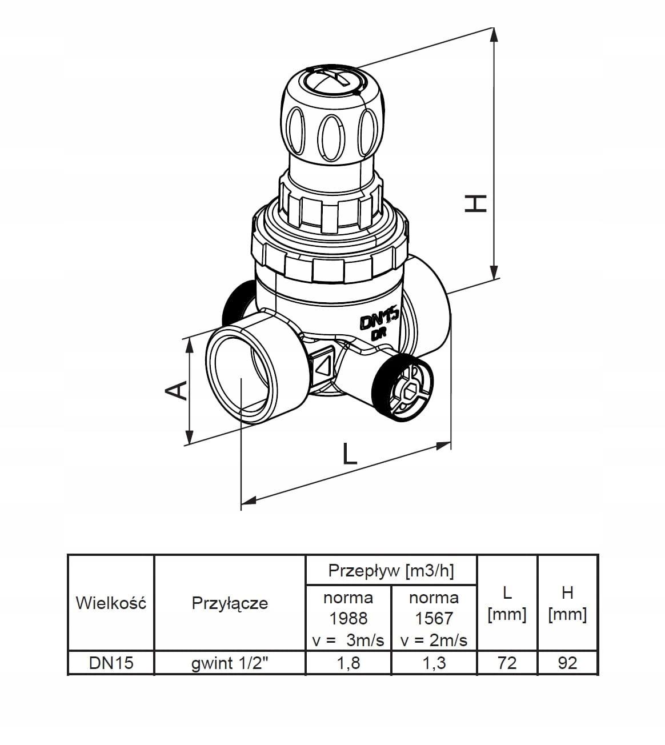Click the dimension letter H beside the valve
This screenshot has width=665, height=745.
pyautogui.click(x=475, y=203)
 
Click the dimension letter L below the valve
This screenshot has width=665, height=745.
pyautogui.click(x=350, y=454)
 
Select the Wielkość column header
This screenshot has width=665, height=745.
pyautogui.click(x=111, y=603)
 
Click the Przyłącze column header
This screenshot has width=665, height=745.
pyautogui.click(x=230, y=603)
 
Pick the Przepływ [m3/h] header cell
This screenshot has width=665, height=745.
pyautogui.click(x=391, y=571)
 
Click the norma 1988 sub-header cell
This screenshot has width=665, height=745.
pyautogui.click(x=348, y=619)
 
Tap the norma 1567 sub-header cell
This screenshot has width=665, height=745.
pyautogui.click(x=434, y=619)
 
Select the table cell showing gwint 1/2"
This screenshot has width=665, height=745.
pyautogui.click(x=230, y=663)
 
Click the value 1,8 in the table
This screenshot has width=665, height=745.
pyautogui.click(x=348, y=663)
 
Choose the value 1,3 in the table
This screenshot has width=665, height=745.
pyautogui.click(x=434, y=663)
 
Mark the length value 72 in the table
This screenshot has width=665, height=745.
pyautogui.click(x=507, y=663)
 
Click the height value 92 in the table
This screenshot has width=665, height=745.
pyautogui.click(x=567, y=663)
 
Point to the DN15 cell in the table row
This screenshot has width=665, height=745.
pyautogui.click(x=111, y=663)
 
